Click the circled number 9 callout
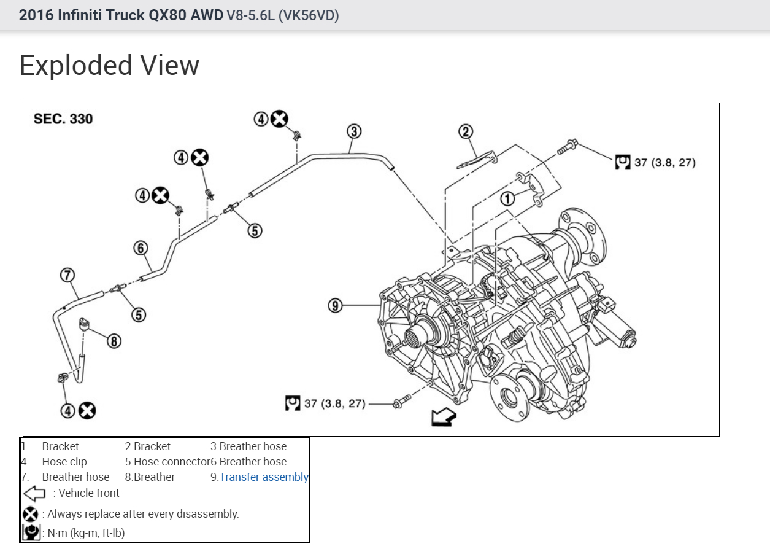[334, 305]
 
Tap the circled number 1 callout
[507, 198]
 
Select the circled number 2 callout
[466, 131]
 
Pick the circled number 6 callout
[141, 247]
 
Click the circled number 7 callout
[67, 275]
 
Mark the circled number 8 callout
[114, 341]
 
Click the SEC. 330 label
[63, 119]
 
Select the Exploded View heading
[109, 66]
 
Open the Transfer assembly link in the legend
[264, 477]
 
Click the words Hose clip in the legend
[64, 462]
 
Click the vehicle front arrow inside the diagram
[444, 418]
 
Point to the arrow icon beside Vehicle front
[34, 493]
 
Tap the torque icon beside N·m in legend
[31, 532]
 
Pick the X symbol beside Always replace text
[30, 514]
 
